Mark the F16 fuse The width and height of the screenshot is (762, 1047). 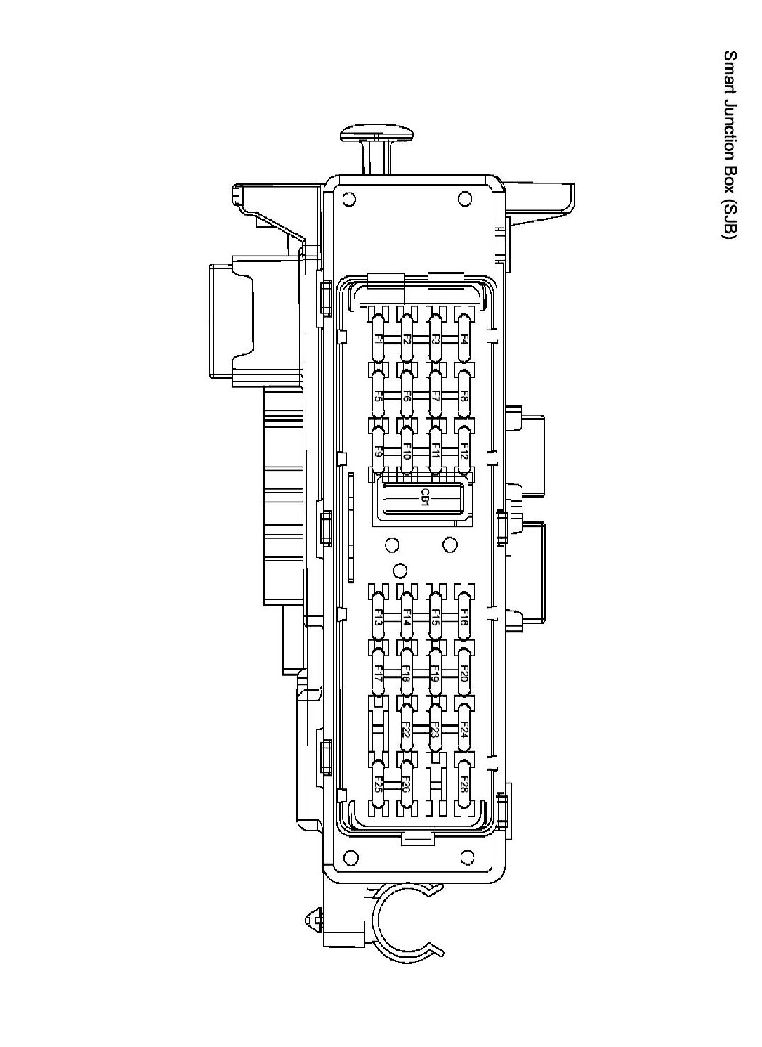[463, 617]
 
